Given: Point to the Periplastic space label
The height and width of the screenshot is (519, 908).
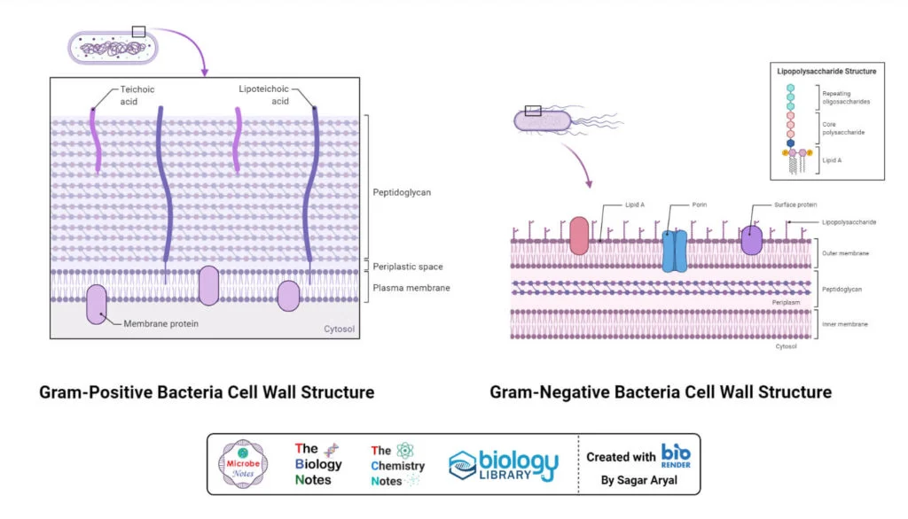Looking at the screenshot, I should (x=407, y=267).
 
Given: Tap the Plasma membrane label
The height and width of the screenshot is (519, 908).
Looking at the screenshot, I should (x=411, y=288).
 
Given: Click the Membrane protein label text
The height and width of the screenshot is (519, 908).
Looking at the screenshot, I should (x=160, y=324).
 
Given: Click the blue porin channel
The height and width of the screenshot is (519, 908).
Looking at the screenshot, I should (x=674, y=250).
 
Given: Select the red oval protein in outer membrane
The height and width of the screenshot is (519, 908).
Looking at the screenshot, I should (x=579, y=236).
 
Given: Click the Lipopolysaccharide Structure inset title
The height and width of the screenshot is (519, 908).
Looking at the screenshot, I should (x=826, y=71).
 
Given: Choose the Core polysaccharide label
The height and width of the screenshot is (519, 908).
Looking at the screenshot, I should (x=843, y=128).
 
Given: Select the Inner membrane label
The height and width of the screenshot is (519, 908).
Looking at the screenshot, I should (x=845, y=324).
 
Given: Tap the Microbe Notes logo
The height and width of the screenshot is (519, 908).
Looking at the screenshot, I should (x=242, y=465).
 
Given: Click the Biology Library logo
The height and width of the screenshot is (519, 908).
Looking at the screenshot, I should (x=504, y=465).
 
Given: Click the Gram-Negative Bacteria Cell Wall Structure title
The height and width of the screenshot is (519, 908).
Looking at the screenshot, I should (x=661, y=391).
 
